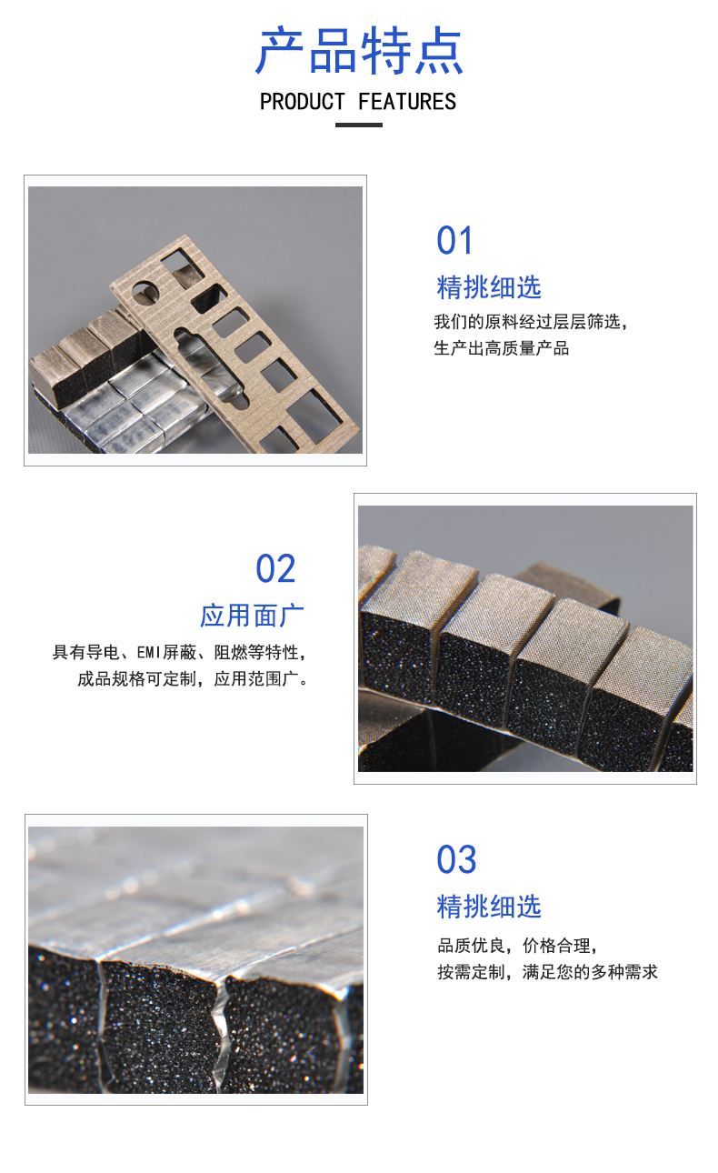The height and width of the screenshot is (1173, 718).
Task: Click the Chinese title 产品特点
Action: [359, 51]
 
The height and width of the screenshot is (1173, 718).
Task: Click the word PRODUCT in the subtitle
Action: [303, 102]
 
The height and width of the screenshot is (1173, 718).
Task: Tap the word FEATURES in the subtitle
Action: [407, 102]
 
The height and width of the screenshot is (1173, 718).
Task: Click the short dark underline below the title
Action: [359, 125]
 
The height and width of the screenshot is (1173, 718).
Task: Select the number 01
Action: [454, 241]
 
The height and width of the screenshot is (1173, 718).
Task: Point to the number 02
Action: [275, 568]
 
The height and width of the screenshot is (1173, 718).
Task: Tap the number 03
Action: [456, 859]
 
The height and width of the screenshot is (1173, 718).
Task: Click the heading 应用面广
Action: [252, 616]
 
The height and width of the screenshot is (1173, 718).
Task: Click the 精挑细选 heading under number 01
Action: [489, 287]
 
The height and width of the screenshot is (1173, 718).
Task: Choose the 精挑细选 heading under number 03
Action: [489, 907]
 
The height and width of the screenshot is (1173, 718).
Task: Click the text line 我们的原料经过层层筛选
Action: [530, 322]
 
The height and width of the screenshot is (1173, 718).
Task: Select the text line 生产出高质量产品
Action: [502, 348]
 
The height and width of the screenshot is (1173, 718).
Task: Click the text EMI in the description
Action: [149, 653]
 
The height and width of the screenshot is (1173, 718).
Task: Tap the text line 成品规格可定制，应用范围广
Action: [193, 679]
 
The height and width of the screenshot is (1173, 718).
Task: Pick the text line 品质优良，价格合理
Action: [517, 946]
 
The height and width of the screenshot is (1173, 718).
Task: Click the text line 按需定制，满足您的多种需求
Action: [547, 972]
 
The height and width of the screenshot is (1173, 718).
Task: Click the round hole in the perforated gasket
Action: [145, 293]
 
